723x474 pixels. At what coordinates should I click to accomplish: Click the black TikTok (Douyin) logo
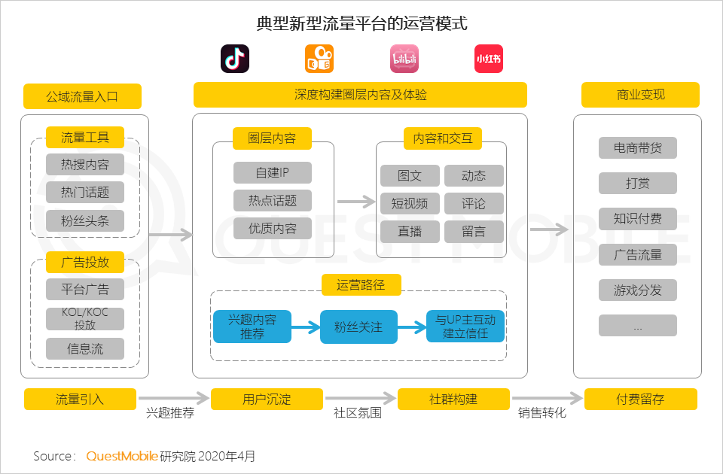coord(235,59)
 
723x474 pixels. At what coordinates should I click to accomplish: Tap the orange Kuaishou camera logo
coord(319,59)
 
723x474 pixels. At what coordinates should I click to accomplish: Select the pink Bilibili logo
coord(404,59)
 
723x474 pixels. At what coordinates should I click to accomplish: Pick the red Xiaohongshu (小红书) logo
coord(489,59)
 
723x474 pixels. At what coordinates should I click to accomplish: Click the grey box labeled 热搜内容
coord(85,164)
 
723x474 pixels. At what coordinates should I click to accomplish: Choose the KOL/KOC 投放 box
coord(85,319)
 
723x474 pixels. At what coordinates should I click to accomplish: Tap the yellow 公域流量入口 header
coord(83,96)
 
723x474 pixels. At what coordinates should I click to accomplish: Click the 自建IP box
coord(273,172)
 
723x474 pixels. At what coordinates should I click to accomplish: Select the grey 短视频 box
coord(410,203)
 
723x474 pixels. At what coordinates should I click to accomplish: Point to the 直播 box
coord(410,231)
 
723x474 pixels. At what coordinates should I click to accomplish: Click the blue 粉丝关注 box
coord(358,327)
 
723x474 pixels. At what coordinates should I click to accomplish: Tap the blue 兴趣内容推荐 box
coord(252,327)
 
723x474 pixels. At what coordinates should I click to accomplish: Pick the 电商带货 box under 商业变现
coord(638,147)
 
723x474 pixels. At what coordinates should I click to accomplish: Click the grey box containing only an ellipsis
coord(638,326)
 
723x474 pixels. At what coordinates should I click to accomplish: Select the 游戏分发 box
coord(638,290)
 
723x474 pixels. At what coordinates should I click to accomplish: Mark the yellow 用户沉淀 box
coord(267,399)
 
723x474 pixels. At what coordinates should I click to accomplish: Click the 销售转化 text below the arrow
coord(542,413)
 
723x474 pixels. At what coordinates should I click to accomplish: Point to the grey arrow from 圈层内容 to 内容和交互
coord(356,202)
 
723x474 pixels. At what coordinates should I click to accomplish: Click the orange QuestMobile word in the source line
coord(122,456)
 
